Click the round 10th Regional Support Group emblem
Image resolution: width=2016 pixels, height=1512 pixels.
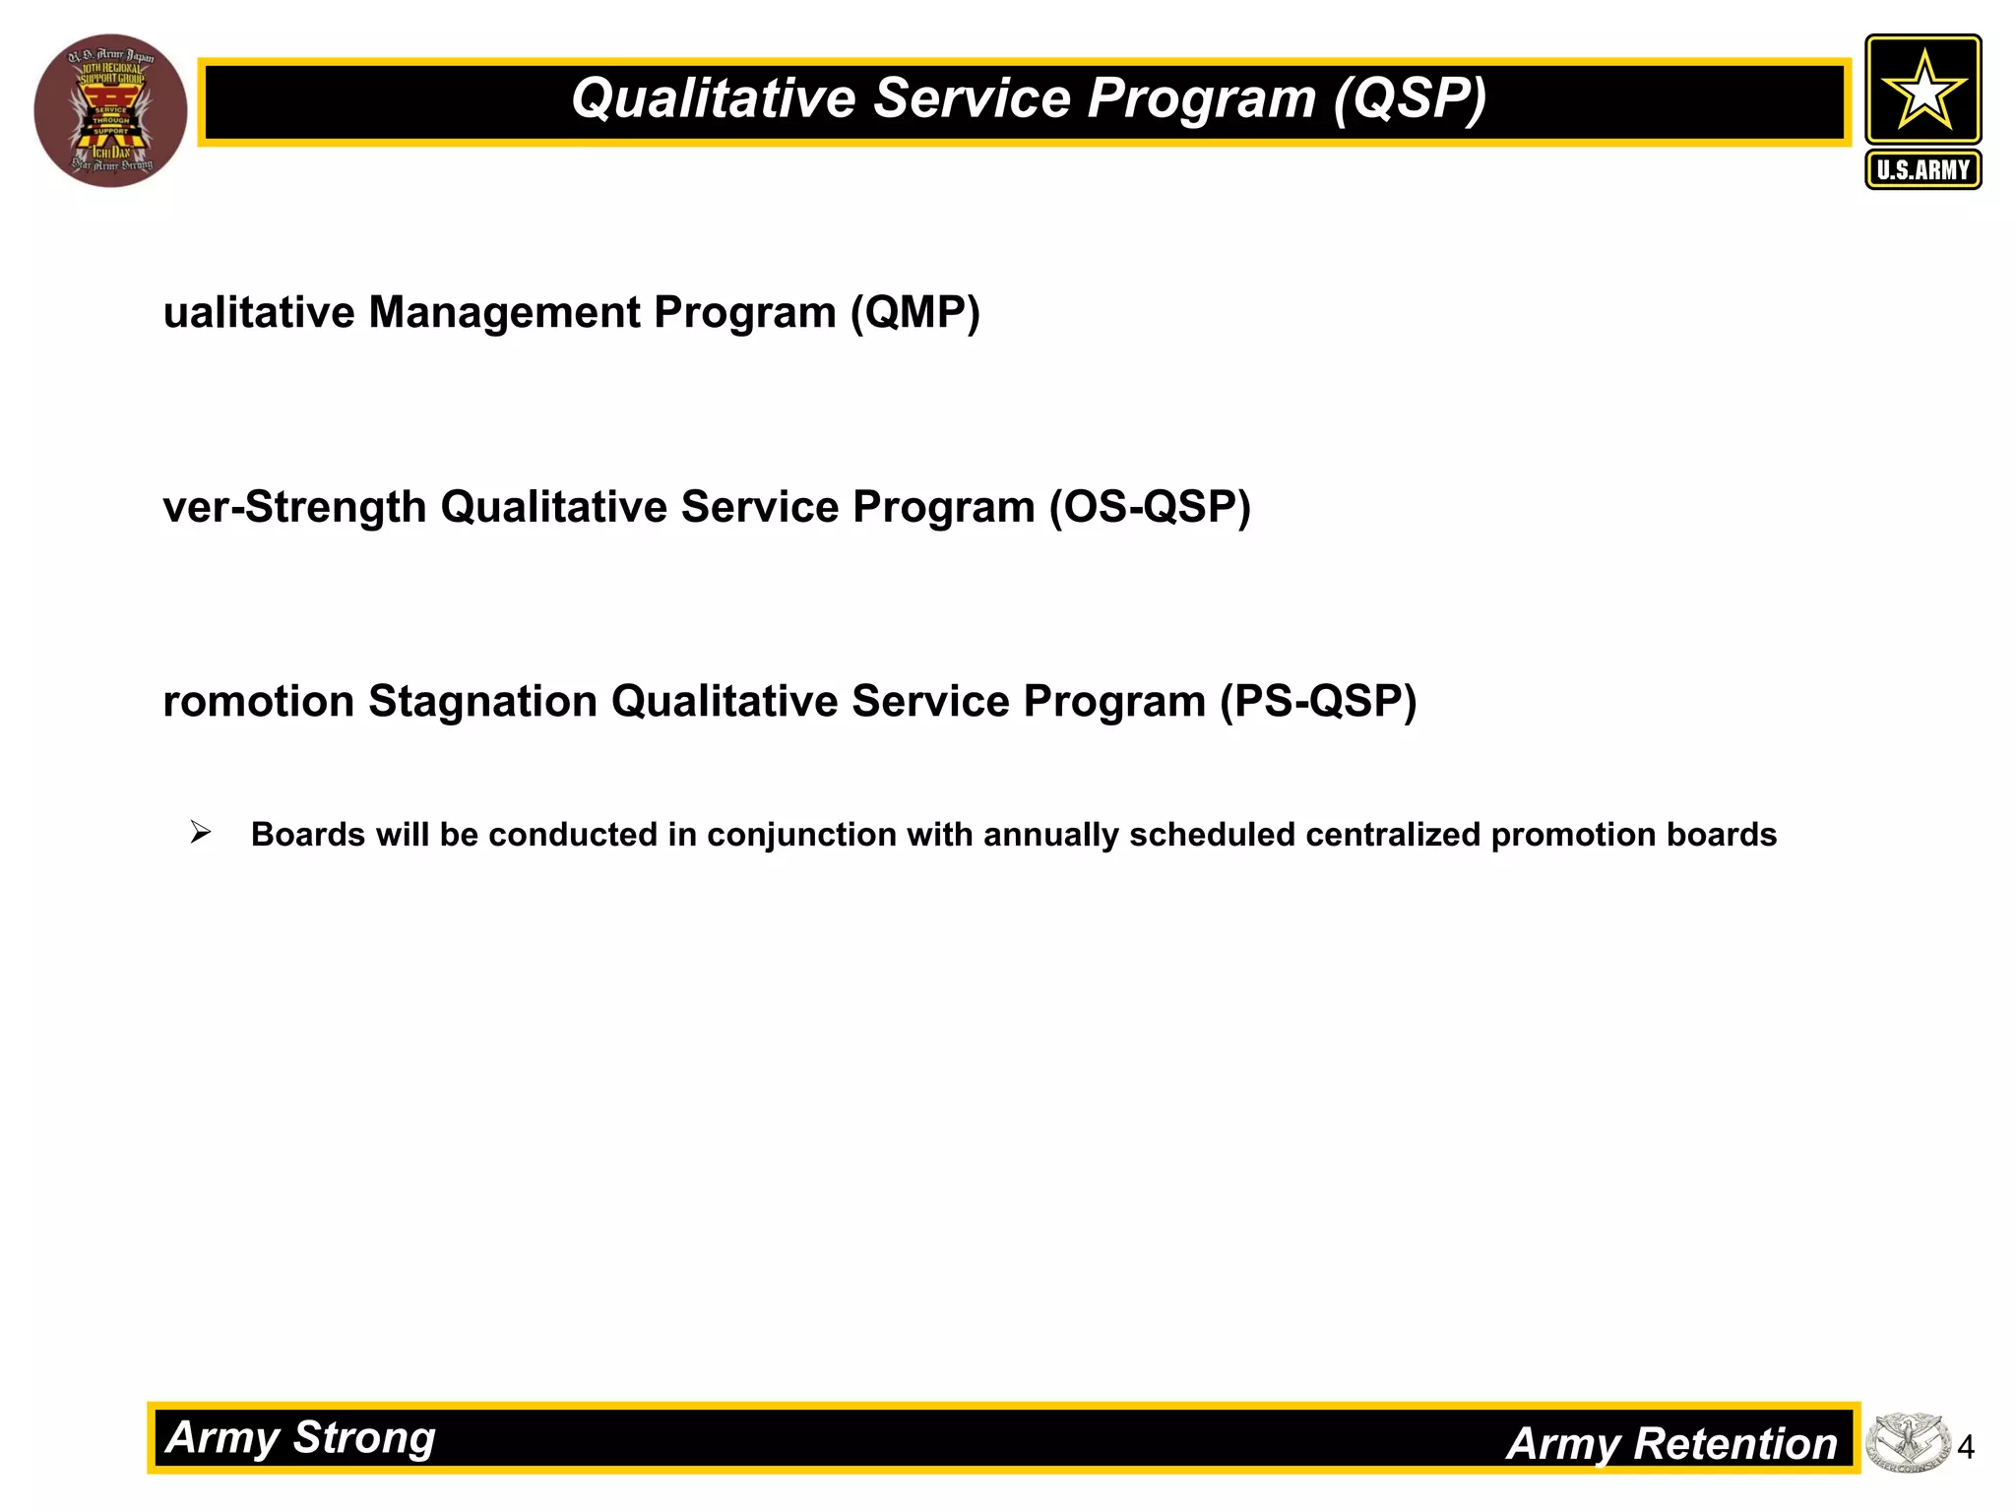[x=110, y=110]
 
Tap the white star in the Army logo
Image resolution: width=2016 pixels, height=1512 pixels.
[x=1922, y=91]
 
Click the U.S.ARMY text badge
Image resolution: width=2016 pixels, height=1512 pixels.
[x=1922, y=169]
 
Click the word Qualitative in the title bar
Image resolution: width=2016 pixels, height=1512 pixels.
[x=714, y=98]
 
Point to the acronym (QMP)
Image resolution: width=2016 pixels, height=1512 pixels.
[x=914, y=313]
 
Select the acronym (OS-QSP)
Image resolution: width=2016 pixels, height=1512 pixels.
[x=1149, y=508]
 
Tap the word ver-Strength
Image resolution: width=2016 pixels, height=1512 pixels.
[x=294, y=508]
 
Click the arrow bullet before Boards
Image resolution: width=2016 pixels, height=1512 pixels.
[x=201, y=833]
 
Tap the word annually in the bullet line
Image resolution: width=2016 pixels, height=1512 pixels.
[x=1050, y=835]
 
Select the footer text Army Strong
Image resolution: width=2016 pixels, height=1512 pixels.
[x=300, y=1437]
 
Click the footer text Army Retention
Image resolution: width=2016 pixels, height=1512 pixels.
[x=1671, y=1444]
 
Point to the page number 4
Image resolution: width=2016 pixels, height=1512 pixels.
[x=1966, y=1447]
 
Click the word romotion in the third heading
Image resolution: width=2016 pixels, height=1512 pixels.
[x=258, y=702]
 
